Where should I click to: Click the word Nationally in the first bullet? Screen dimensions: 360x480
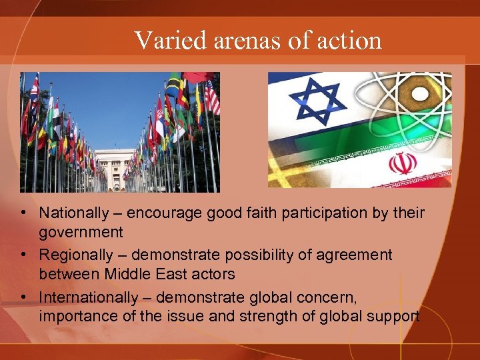point(73,214)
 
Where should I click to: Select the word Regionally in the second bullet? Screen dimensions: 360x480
point(76,255)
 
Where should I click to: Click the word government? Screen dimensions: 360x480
point(81,233)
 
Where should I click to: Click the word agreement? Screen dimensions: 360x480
point(361,255)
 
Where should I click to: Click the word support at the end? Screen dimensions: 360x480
point(398,316)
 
